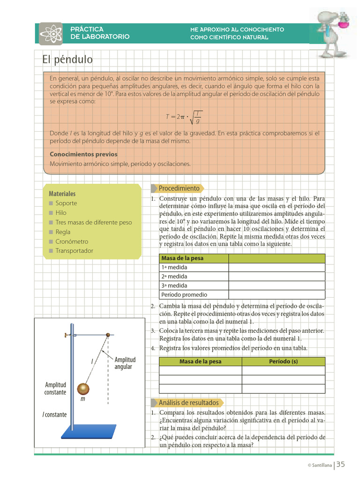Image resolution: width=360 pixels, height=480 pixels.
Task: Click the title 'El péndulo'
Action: pos(67,60)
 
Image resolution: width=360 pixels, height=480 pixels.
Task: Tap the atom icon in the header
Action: pos(51,33)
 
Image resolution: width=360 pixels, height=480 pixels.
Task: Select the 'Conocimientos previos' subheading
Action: pos(83,154)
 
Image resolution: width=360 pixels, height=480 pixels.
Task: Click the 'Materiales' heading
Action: pos(62,194)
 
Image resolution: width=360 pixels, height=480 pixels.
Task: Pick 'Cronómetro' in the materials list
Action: pos(72,241)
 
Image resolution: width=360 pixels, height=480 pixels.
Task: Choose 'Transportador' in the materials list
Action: pos(74,251)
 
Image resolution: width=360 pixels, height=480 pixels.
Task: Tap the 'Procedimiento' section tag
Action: pos(179,188)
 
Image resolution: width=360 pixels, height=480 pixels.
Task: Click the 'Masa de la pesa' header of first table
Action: pos(182,258)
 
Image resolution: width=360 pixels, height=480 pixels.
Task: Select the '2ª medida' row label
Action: pos(174,277)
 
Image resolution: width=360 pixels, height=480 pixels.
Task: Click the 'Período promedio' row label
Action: pos(184,295)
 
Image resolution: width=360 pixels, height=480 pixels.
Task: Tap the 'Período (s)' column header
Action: pos(283,361)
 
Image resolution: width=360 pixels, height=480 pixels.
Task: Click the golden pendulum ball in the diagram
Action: pos(83,389)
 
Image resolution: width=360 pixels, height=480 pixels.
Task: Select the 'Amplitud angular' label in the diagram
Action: pos(125,363)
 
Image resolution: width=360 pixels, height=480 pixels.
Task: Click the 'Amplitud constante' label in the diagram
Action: pos(55,389)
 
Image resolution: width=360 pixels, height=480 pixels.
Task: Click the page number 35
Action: pos(340,464)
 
